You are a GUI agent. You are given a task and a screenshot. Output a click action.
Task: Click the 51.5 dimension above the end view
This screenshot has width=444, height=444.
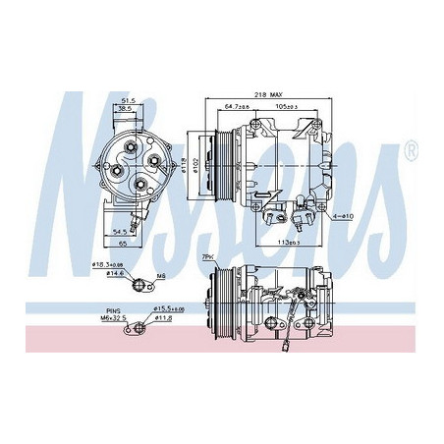click(129, 99)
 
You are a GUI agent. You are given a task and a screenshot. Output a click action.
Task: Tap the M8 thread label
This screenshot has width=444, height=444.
click(160, 276)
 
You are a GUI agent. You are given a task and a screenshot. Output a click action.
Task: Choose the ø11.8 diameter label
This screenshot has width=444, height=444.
click(165, 317)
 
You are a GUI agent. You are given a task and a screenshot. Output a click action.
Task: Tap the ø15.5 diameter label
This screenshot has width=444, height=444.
click(170, 307)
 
